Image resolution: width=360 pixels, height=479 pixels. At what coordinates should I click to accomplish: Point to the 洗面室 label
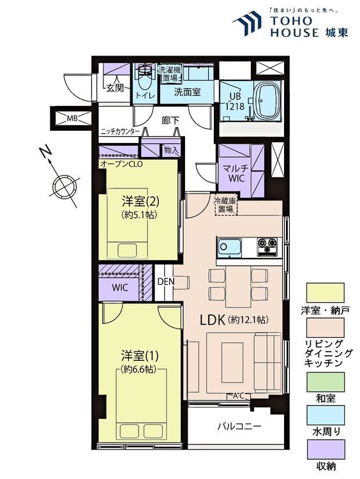tap(188, 92)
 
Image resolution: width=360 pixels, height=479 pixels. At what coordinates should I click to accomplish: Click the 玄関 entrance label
tap(116, 88)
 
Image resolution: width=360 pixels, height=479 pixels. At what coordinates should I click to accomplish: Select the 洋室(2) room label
tap(140, 201)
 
